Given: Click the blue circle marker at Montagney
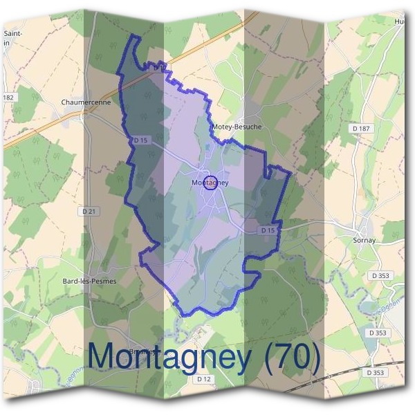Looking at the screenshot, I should click(212, 183).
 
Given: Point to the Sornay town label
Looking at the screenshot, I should click(363, 240).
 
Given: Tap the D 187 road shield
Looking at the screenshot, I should click(360, 129).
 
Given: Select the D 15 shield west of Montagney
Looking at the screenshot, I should click(140, 140).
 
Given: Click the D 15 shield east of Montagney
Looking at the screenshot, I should click(268, 230).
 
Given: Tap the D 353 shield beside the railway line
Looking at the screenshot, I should click(376, 372).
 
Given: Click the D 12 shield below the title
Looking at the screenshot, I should click(203, 379).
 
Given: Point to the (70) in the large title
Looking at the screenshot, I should click(290, 357).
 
